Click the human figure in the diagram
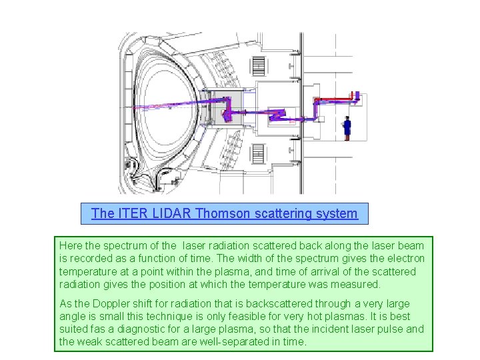click(347, 127)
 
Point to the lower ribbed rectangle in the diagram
click(257, 155)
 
